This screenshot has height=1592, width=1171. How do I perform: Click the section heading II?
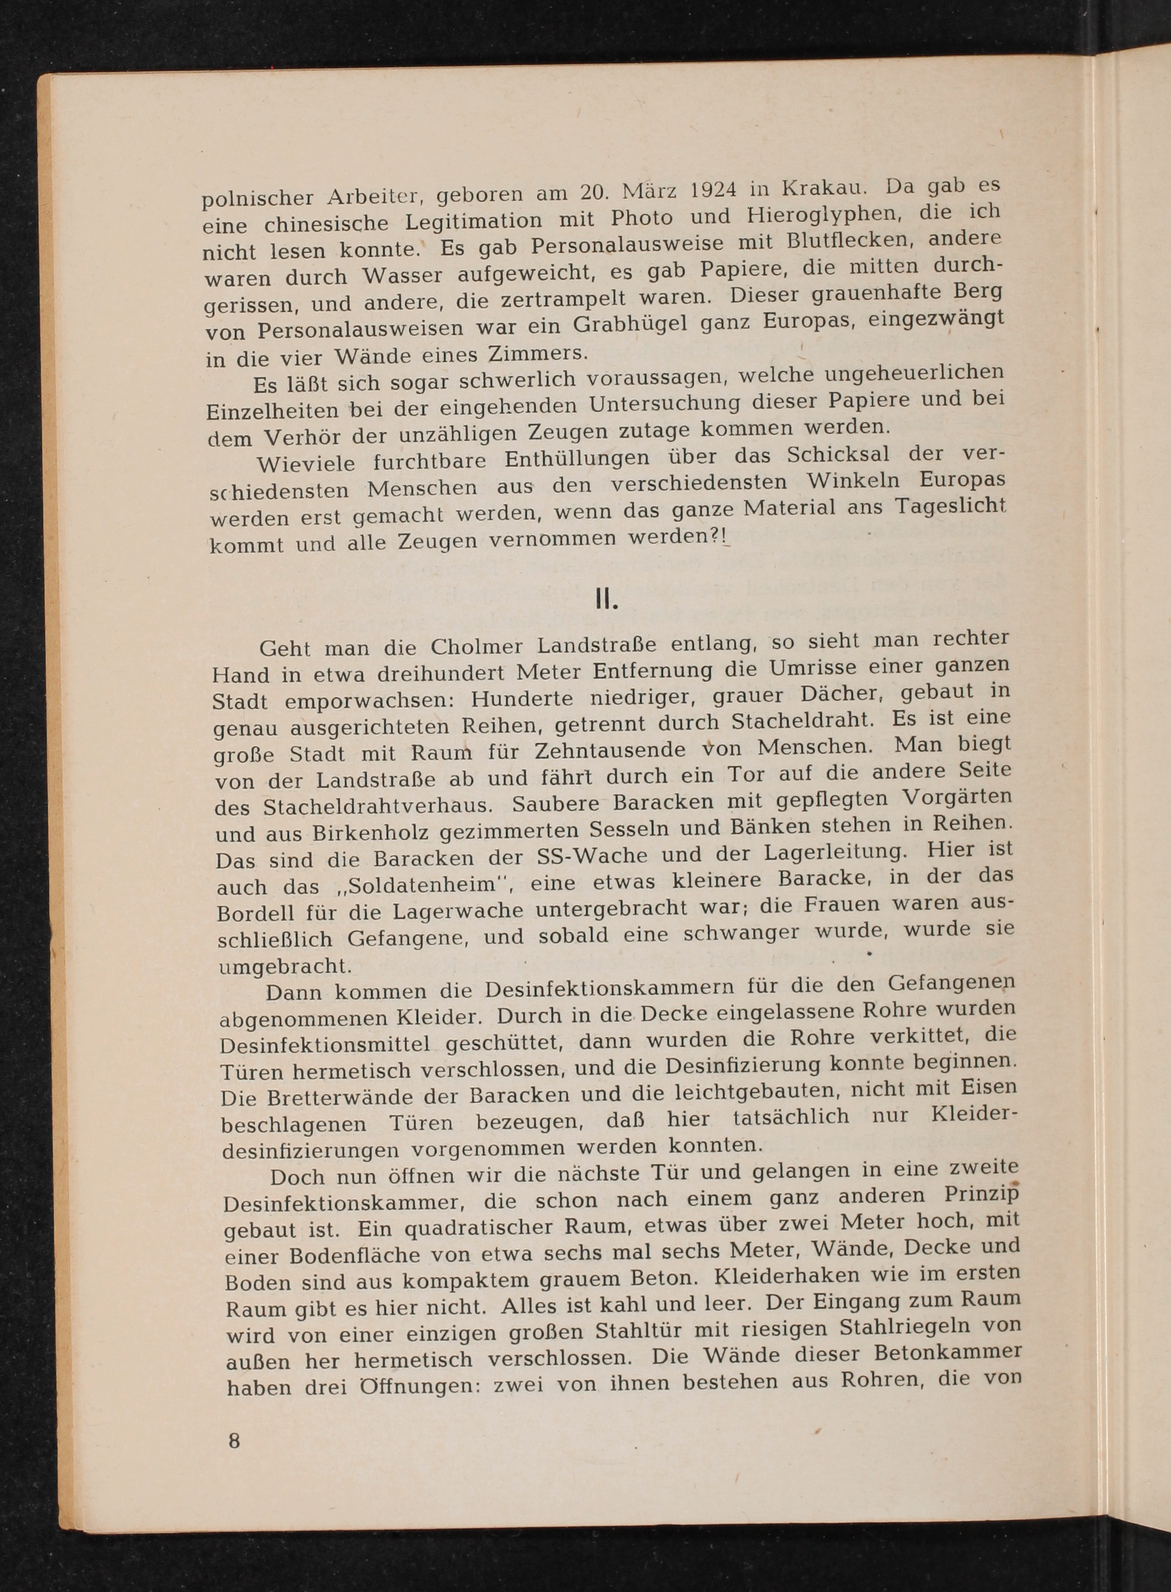click(x=607, y=601)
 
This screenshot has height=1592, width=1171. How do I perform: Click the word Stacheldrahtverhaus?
click(x=379, y=806)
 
